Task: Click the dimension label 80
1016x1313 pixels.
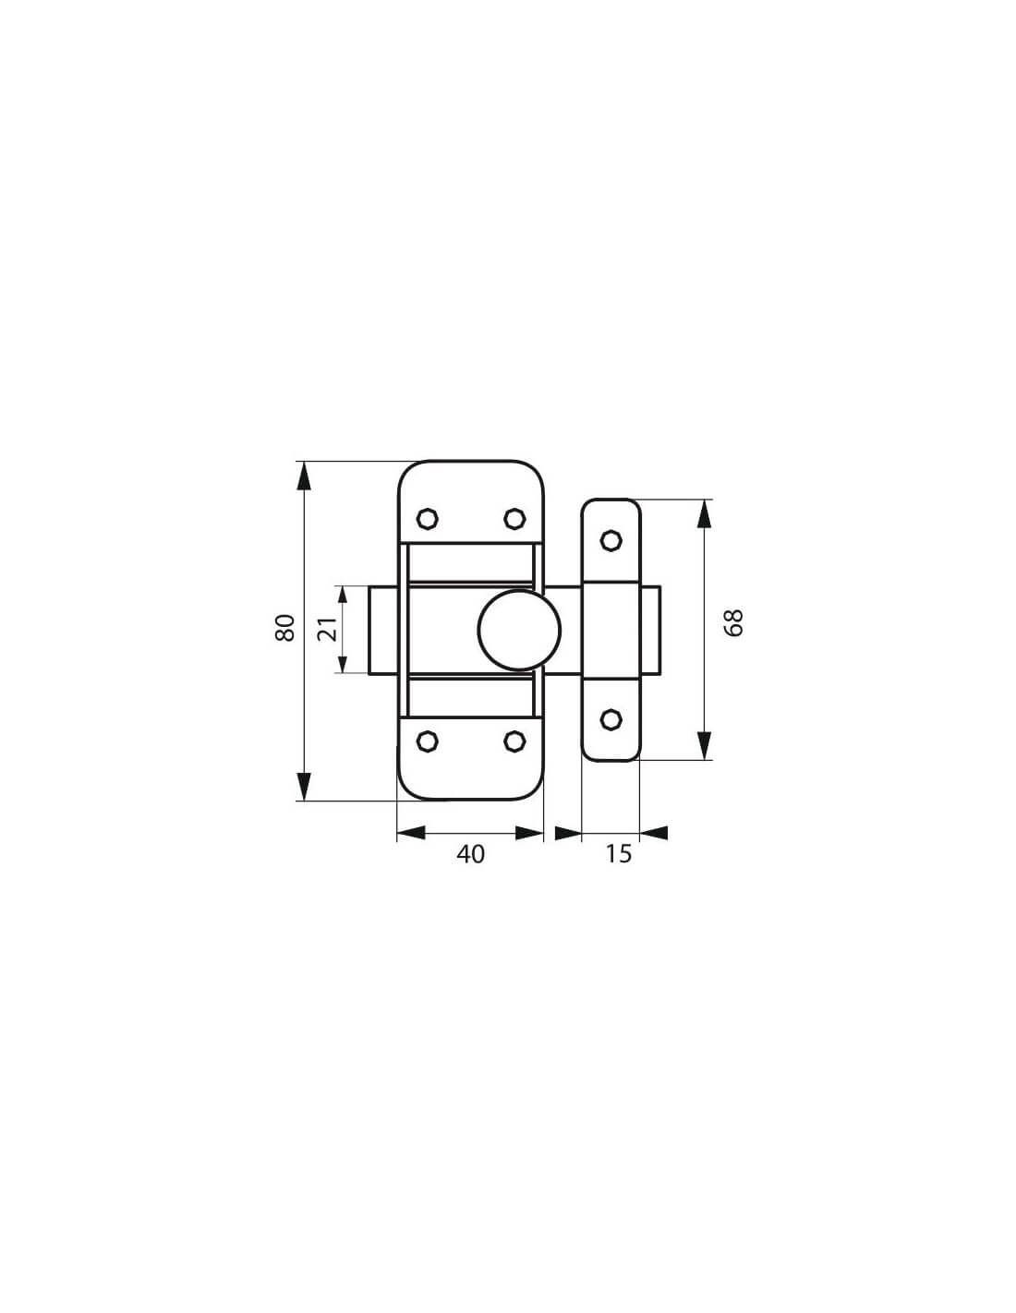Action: click(285, 627)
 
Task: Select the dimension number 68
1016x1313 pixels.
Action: click(734, 623)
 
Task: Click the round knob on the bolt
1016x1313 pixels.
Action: click(519, 631)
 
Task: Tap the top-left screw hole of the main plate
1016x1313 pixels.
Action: click(428, 518)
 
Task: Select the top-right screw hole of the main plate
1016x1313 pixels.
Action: click(514, 518)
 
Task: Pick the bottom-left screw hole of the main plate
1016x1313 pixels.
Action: click(428, 741)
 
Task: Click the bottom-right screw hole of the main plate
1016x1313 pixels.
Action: click(514, 741)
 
